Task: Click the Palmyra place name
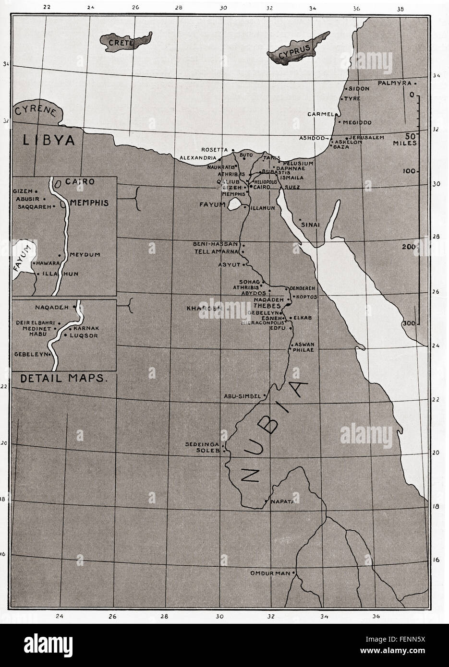(395, 83)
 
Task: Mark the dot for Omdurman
(294, 573)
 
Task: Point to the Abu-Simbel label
(242, 396)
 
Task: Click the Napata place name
(282, 501)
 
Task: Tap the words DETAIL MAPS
(62, 378)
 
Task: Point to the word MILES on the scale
(404, 143)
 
